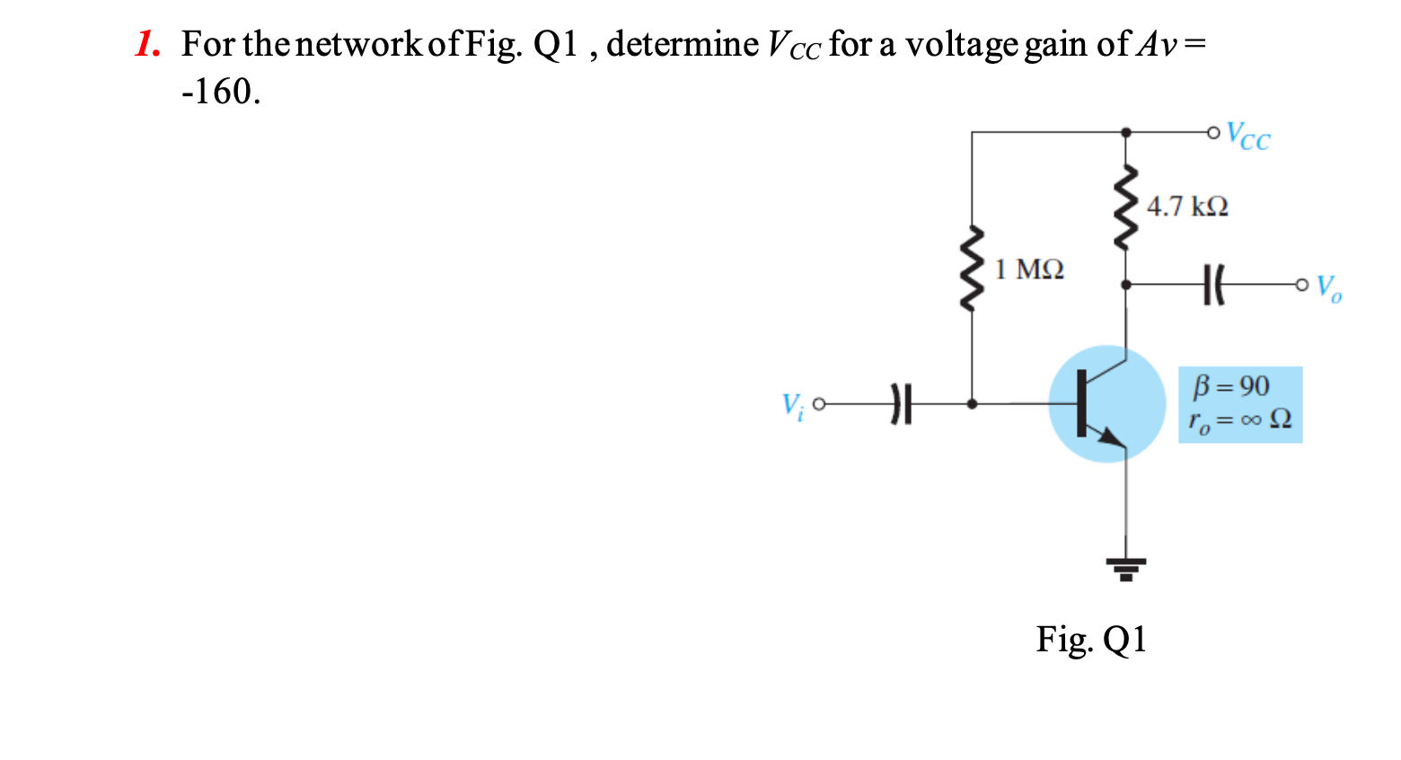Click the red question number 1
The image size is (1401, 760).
point(147,44)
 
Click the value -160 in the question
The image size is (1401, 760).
point(220,92)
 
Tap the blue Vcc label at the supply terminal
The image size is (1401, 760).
point(1248,136)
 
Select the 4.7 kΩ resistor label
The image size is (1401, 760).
point(1187,207)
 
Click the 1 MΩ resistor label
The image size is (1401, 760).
point(1029,270)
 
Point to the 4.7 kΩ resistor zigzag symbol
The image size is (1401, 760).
point(1126,208)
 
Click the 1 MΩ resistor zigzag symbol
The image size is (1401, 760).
point(972,270)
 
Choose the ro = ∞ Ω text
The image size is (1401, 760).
point(1239,420)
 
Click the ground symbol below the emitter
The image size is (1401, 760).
point(1126,569)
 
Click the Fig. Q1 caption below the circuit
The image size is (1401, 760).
point(1091,640)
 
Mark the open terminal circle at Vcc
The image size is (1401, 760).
point(1214,133)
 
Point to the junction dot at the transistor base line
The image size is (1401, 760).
point(972,404)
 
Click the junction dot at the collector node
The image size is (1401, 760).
point(1126,285)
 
